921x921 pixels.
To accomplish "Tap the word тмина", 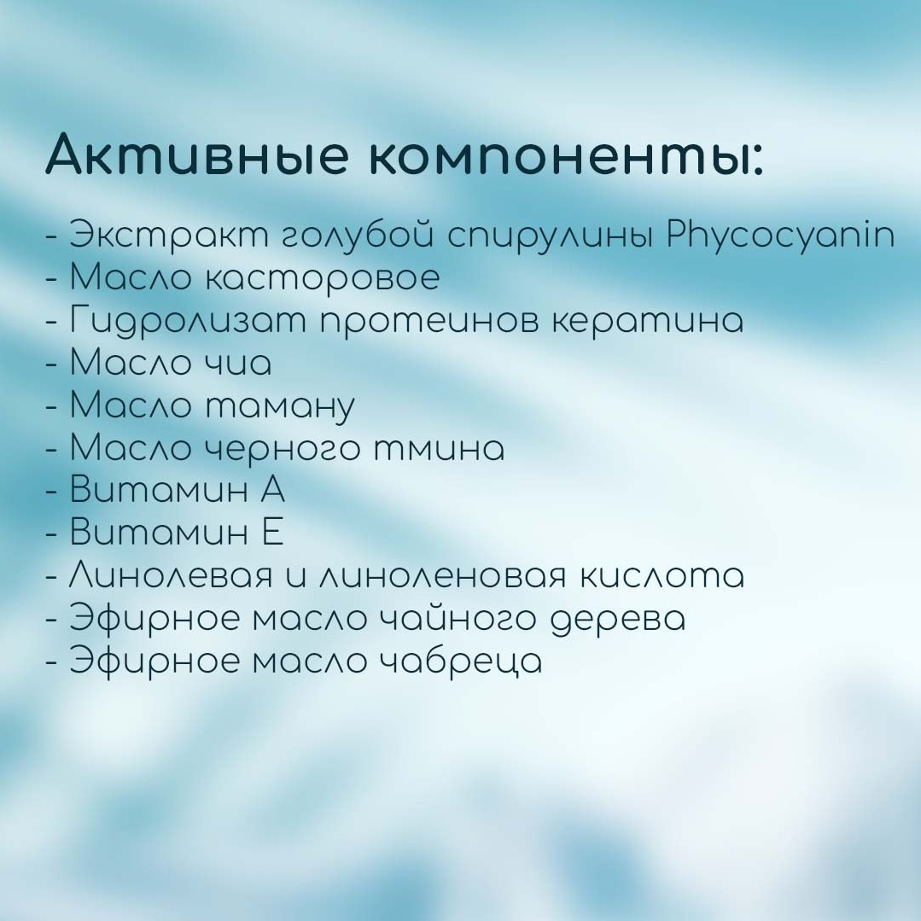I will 440,449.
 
